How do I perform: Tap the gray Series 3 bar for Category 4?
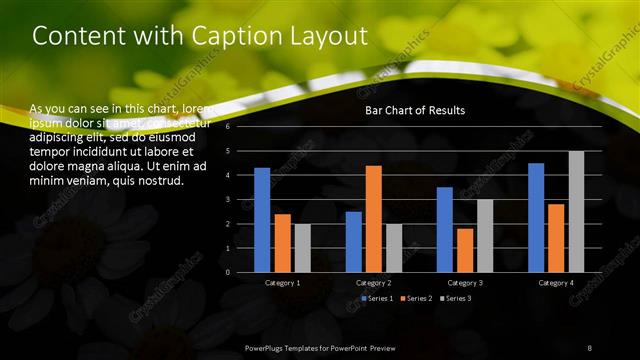pyautogui.click(x=576, y=211)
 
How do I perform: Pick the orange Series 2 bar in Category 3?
pyautogui.click(x=465, y=250)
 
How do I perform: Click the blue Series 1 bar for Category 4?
pyautogui.click(x=536, y=217)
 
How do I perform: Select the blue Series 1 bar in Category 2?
pyautogui.click(x=354, y=241)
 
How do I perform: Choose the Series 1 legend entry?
pyautogui.click(x=377, y=298)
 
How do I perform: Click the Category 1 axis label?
pyautogui.click(x=282, y=283)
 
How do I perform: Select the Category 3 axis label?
pyautogui.click(x=465, y=283)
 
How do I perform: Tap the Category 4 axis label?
pyautogui.click(x=556, y=283)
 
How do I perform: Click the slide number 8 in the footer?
pyautogui.click(x=589, y=346)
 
